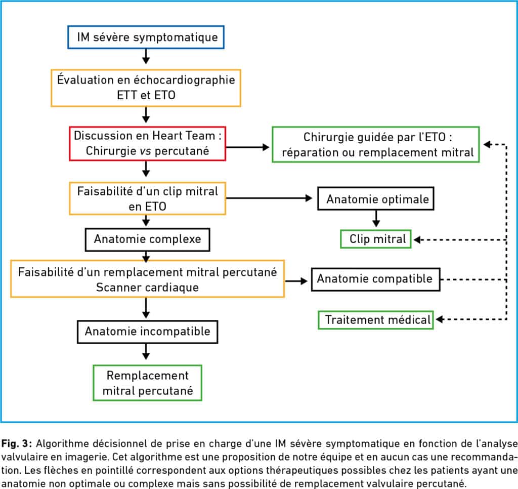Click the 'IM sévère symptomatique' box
tap(146, 37)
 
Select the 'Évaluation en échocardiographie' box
tap(146, 88)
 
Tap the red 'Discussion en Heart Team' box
tap(147, 143)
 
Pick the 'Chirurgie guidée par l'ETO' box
tap(376, 144)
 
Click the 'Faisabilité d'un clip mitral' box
tap(147, 198)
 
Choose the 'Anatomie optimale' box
tap(376, 198)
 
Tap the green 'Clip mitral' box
tap(376, 239)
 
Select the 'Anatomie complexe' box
tap(147, 239)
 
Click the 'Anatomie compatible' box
tap(376, 279)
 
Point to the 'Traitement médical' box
tap(376, 320)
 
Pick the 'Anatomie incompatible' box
tap(147, 332)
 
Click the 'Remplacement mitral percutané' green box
tap(147, 383)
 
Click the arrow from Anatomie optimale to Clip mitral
tap(376, 219)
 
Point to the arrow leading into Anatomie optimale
tap(269, 198)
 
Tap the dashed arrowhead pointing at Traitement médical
tap(439, 319)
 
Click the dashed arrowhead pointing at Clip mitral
tap(417, 240)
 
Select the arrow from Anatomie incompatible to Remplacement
tap(146, 352)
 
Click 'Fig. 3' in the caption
tap(16, 443)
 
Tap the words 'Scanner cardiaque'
tap(147, 288)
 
